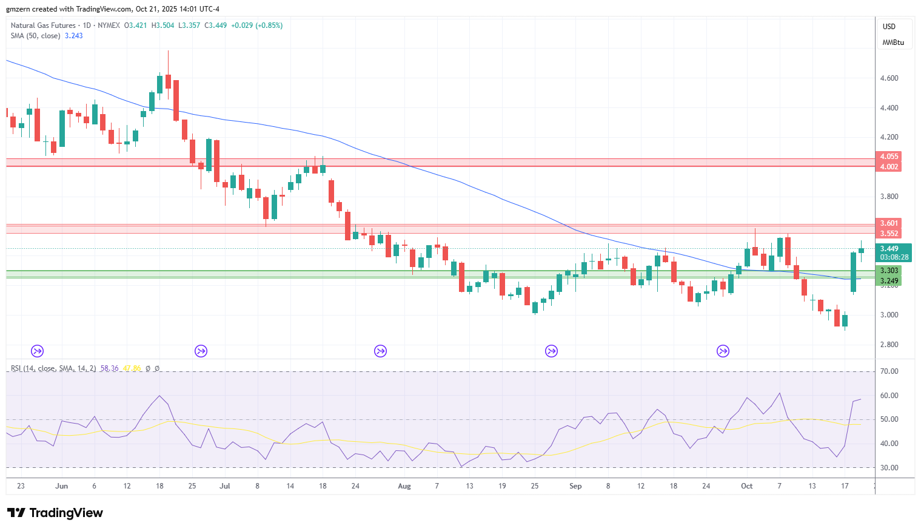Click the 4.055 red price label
tap(889, 157)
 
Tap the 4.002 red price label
tap(889, 167)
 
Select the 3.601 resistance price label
tap(889, 223)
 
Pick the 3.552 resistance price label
tap(889, 234)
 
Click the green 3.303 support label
tap(889, 271)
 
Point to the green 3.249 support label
tap(889, 281)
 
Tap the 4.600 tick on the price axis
tap(889, 78)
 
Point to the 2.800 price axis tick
tap(889, 345)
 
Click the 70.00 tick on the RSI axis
tap(889, 371)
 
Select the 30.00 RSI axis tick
tap(889, 468)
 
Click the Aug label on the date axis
tap(404, 486)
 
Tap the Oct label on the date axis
tap(746, 486)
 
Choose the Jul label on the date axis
tap(224, 486)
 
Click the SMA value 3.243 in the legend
tap(74, 36)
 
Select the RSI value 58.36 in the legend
tap(109, 368)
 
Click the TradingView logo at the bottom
tap(55, 513)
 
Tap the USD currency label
tap(889, 26)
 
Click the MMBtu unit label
tap(893, 42)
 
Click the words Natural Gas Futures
tap(43, 25)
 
